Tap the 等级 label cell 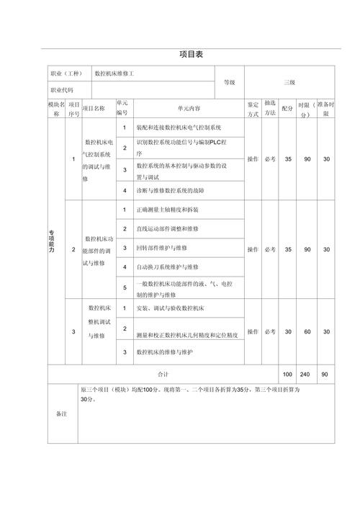[x=229, y=82]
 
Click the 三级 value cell [x=289, y=82]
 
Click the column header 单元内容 [x=188, y=108]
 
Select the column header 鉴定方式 [x=253, y=108]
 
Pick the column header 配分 [x=287, y=108]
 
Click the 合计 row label [x=163, y=375]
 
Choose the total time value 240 [x=307, y=375]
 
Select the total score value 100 [x=287, y=375]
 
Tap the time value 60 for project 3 [x=307, y=331]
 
